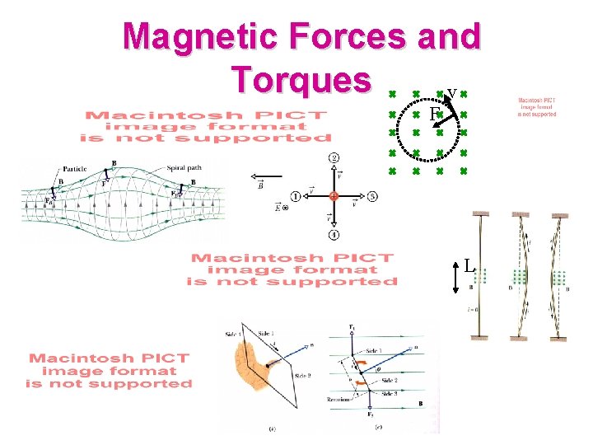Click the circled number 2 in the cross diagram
(334, 157)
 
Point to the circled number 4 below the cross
(334, 235)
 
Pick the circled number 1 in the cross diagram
(295, 196)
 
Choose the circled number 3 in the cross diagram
(372, 196)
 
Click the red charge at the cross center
(334, 196)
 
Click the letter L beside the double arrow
(469, 266)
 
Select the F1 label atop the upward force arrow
(352, 328)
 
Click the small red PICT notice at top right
(536, 106)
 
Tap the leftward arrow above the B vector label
(259, 177)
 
